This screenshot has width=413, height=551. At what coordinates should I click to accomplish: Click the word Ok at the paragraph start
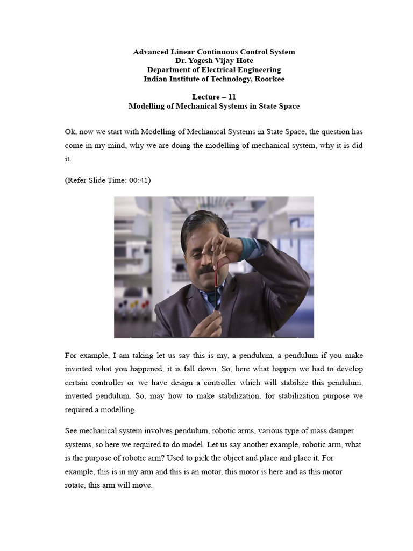coord(70,131)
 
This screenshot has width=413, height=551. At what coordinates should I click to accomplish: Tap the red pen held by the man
coord(216,277)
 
